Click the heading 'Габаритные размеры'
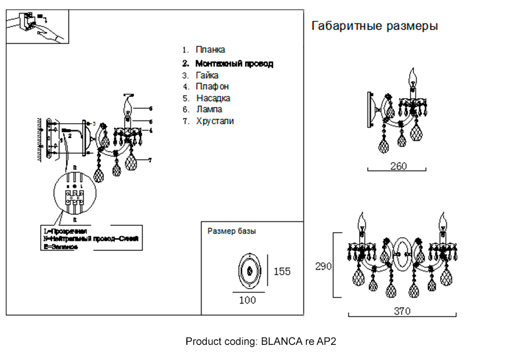[374, 26]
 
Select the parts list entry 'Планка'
[210, 50]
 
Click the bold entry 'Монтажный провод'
[234, 64]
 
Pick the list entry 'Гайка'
[207, 76]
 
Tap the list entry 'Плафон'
[212, 87]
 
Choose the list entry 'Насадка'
[213, 98]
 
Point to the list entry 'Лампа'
[209, 110]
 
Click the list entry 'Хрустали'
[215, 121]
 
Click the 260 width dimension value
[398, 166]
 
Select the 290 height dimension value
[323, 267]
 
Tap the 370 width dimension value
[402, 311]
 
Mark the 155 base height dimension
[282, 271]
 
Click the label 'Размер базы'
[232, 231]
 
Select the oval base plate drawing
[250, 271]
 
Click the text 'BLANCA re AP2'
[299, 342]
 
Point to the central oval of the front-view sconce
[402, 255]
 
